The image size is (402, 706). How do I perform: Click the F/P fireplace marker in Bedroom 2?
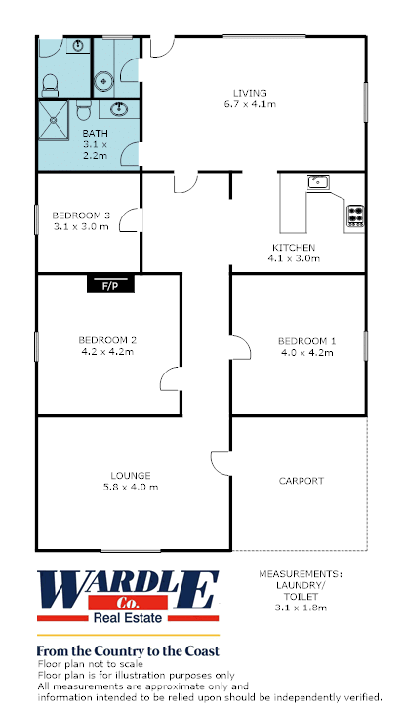(110, 285)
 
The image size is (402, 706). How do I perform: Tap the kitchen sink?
(319, 182)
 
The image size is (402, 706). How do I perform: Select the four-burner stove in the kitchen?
(355, 216)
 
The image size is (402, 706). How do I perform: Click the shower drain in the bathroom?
(54, 120)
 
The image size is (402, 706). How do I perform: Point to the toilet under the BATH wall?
(84, 110)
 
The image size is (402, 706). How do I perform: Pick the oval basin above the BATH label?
(119, 108)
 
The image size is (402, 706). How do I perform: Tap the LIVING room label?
(250, 94)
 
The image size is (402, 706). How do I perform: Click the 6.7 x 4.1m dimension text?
(250, 104)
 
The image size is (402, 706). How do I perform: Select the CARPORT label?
(301, 481)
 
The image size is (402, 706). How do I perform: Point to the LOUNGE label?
(131, 476)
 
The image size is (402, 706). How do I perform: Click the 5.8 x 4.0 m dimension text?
(131, 488)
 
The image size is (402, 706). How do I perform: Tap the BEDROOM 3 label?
(81, 216)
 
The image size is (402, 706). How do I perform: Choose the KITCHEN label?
(294, 247)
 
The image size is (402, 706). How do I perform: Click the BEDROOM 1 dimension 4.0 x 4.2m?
(307, 353)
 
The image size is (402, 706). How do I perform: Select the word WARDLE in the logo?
(128, 590)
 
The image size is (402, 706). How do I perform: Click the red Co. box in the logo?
(128, 603)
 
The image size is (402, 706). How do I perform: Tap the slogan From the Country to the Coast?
(128, 651)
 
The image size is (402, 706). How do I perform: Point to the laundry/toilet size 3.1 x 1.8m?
(301, 608)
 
